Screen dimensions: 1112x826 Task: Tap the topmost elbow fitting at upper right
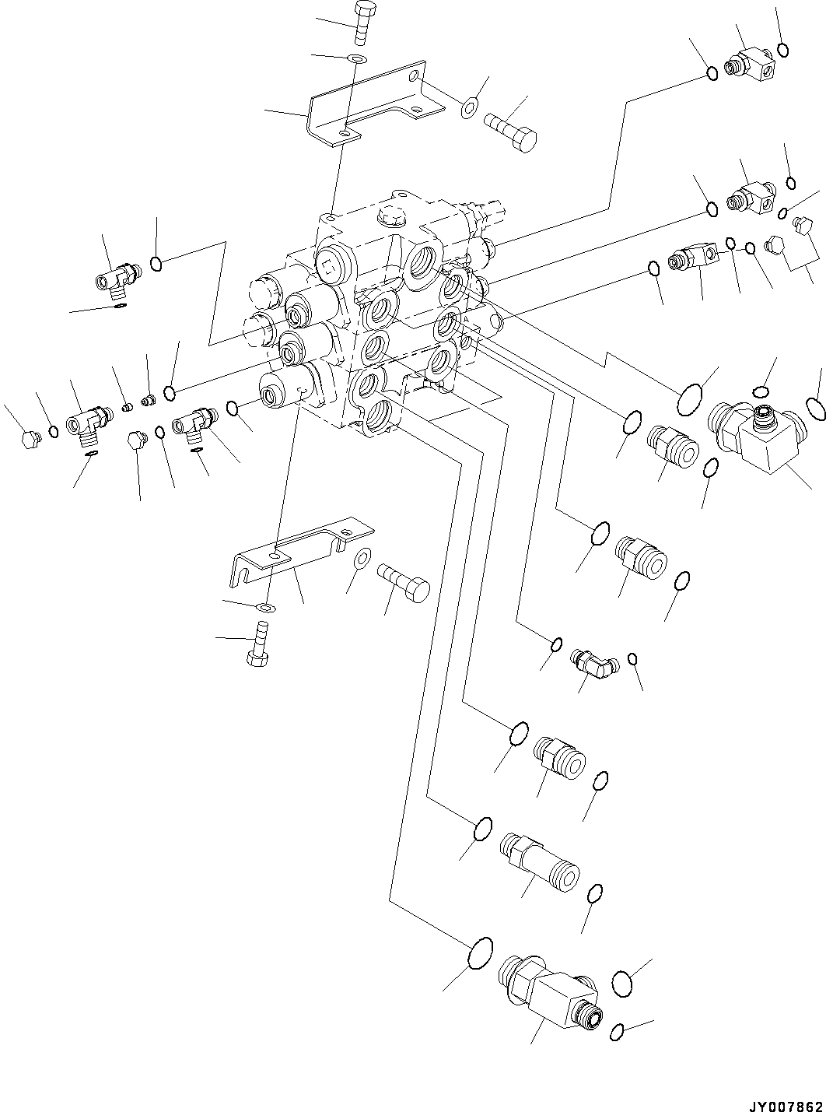point(750,61)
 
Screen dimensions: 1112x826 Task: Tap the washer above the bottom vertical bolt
point(265,606)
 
